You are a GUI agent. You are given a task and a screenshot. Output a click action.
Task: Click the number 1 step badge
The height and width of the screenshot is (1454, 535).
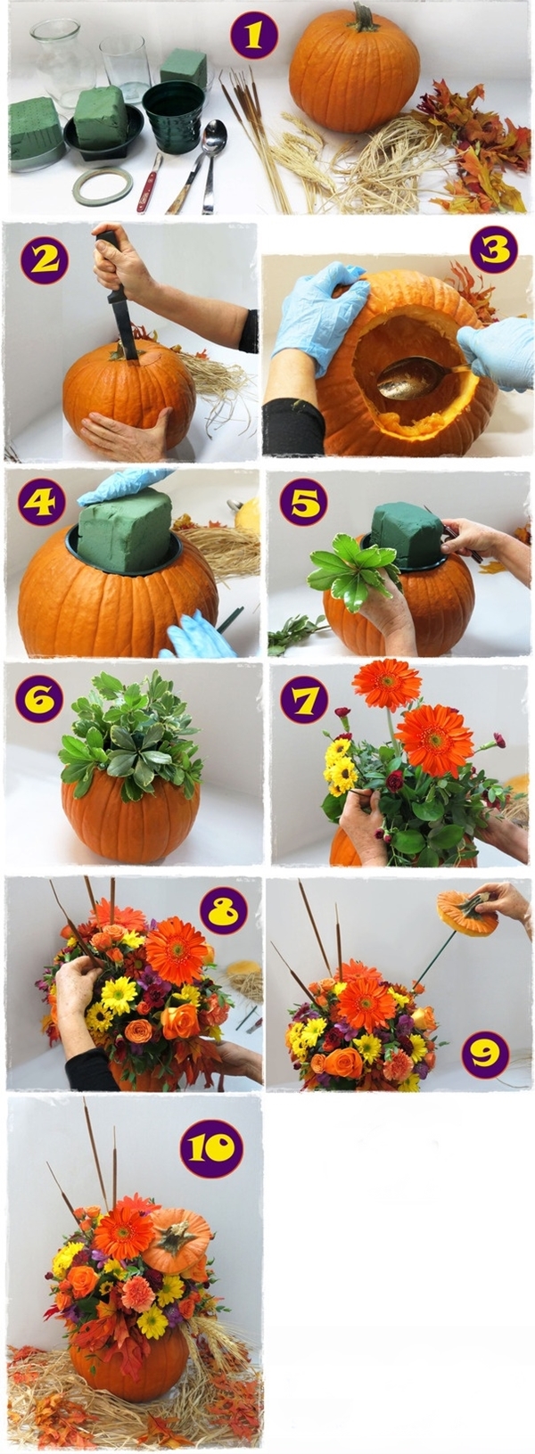(254, 35)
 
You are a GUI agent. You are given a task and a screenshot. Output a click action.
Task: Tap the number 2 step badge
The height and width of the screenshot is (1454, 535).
(45, 259)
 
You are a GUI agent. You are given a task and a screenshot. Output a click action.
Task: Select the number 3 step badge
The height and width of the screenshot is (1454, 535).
(493, 250)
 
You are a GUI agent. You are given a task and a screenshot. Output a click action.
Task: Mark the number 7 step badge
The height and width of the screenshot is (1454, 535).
(304, 700)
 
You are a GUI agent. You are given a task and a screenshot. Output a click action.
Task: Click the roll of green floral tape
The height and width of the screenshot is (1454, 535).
(103, 185)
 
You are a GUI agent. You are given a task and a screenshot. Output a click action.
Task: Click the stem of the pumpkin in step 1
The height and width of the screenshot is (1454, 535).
(365, 17)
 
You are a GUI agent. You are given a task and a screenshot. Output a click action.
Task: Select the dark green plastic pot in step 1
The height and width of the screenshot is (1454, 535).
(174, 117)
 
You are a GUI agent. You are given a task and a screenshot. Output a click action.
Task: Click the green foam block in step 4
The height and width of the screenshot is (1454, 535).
(128, 530)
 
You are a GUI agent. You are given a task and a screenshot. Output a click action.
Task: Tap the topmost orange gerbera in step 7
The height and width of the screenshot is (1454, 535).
(387, 684)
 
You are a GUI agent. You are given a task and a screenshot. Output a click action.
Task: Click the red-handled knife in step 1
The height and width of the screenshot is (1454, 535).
(149, 183)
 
